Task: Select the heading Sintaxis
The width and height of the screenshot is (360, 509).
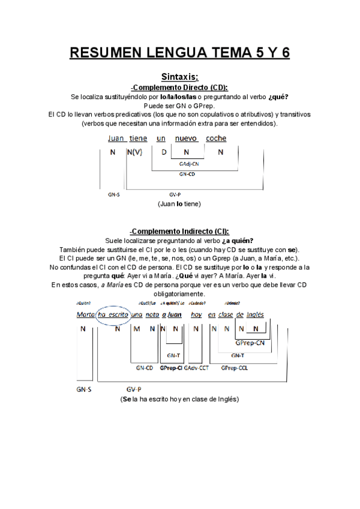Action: (x=180, y=77)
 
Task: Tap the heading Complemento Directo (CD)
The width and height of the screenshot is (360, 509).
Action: (x=180, y=87)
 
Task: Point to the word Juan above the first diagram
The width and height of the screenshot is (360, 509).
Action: (x=116, y=139)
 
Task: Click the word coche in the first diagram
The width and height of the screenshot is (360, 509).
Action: (x=216, y=139)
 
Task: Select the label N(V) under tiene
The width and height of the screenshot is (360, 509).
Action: (x=135, y=152)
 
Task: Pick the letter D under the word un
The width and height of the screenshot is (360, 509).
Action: (x=164, y=152)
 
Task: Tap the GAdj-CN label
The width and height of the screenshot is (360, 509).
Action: (x=189, y=163)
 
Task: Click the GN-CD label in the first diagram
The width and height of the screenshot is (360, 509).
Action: (x=187, y=174)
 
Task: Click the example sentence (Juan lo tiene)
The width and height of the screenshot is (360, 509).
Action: (x=179, y=204)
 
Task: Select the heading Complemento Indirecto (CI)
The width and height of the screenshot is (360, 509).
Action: (x=180, y=232)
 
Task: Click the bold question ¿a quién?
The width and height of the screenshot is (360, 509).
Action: (x=238, y=241)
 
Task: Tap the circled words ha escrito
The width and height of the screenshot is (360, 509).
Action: (x=113, y=315)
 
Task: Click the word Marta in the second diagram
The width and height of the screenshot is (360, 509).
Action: (x=86, y=315)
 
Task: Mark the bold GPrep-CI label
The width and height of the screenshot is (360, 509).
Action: (x=171, y=368)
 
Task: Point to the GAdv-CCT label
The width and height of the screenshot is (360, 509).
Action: (x=196, y=368)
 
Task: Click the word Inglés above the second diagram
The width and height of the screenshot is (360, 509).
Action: (x=256, y=315)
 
